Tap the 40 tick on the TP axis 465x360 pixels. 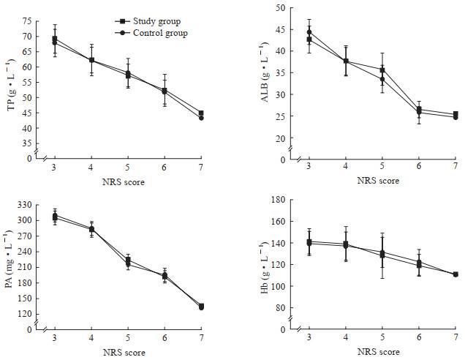click(x=32, y=128)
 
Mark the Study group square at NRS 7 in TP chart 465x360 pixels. click(x=201, y=113)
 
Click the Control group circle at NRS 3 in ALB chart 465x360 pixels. click(x=309, y=32)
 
